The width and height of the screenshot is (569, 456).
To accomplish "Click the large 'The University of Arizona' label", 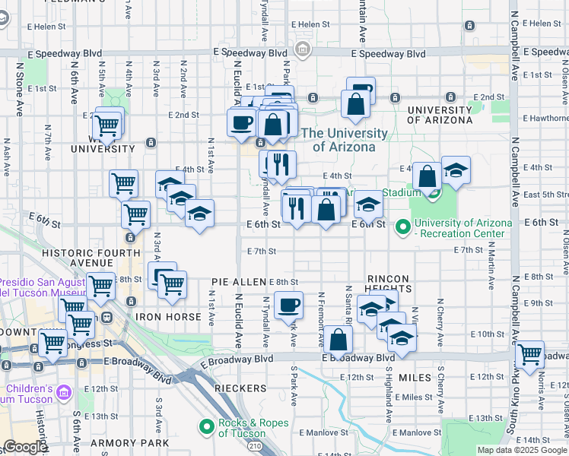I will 345,140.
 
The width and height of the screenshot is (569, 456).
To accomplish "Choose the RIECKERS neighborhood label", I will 240,388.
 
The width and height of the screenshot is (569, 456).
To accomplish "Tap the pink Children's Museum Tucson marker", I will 64,393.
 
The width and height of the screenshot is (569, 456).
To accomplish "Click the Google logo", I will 25,448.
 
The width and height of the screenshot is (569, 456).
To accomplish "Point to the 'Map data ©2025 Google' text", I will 522,450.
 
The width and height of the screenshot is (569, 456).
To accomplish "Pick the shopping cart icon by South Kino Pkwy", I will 529,354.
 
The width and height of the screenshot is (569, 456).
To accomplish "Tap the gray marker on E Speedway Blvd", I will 303,50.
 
